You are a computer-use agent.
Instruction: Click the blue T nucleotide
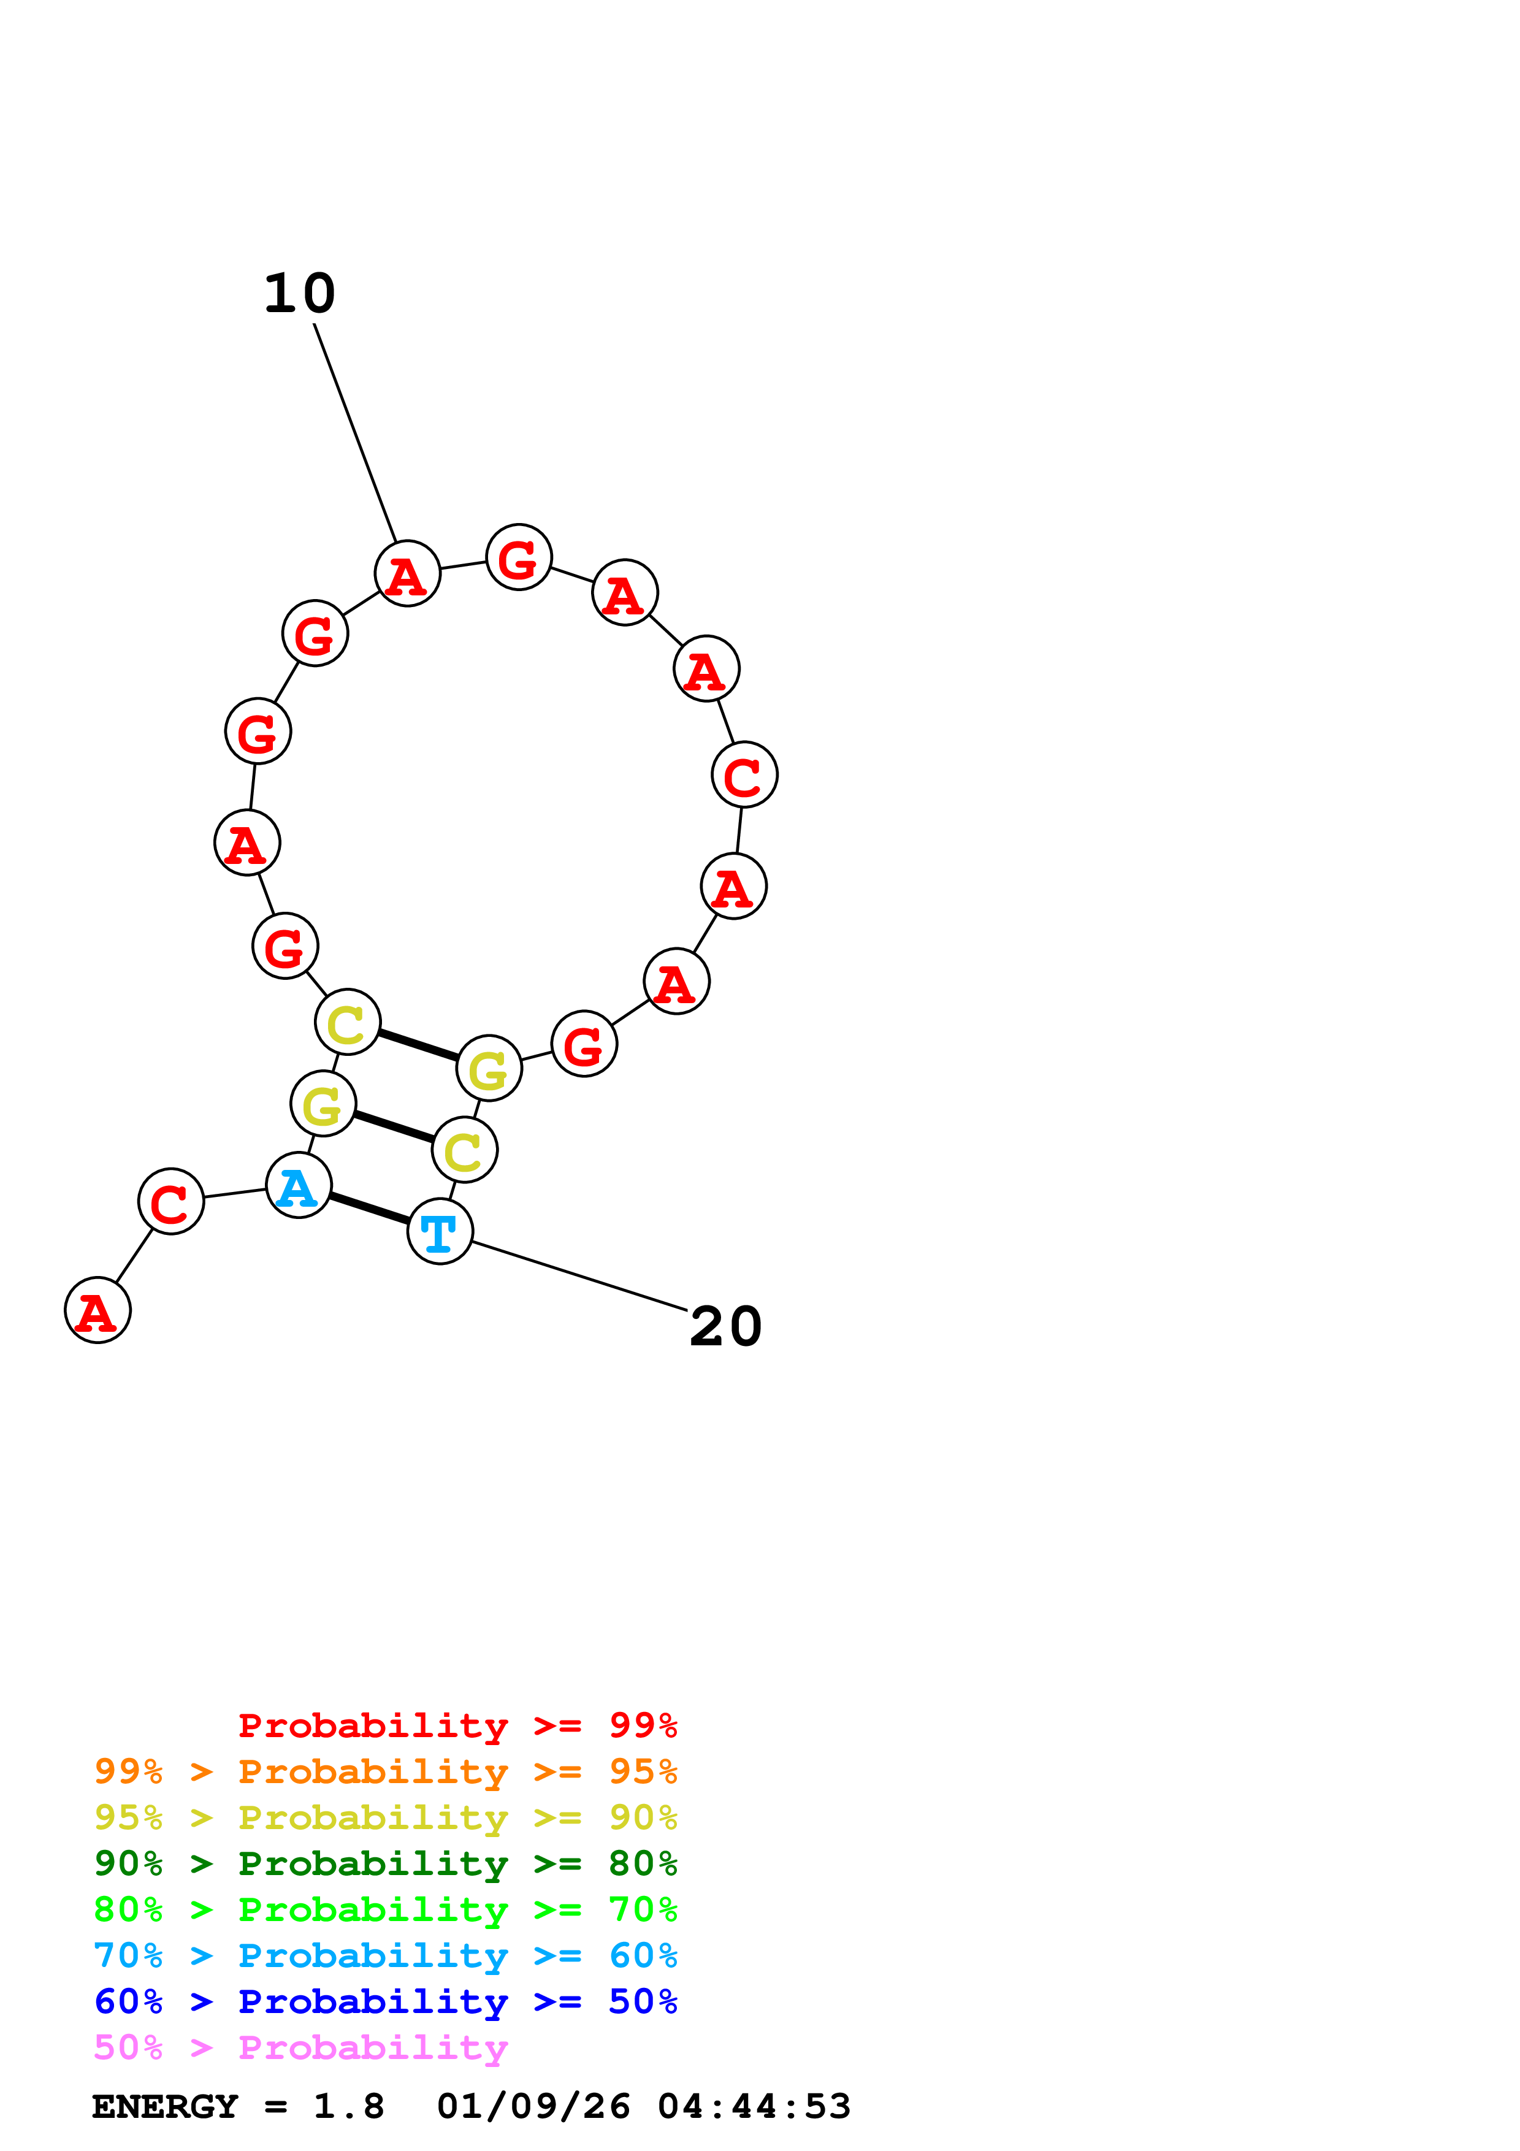point(439,1231)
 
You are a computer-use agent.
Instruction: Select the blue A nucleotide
point(299,1186)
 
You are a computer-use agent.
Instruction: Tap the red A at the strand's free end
point(97,1310)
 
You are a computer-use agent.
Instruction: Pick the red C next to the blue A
point(170,1202)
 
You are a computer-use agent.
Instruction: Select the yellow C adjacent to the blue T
point(464,1150)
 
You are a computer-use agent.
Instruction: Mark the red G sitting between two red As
point(519,557)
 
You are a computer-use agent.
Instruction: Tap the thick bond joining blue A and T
point(369,1209)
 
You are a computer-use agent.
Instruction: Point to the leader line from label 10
point(355,433)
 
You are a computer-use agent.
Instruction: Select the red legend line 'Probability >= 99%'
point(457,1725)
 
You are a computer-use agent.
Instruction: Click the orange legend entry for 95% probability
point(385,1771)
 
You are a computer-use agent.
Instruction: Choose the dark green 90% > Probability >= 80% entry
point(385,1863)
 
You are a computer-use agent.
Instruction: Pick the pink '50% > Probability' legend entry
point(300,2048)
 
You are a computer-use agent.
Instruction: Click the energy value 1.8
point(348,2107)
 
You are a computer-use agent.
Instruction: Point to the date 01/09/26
point(533,2107)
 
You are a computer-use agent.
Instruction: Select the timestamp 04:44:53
point(754,2107)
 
